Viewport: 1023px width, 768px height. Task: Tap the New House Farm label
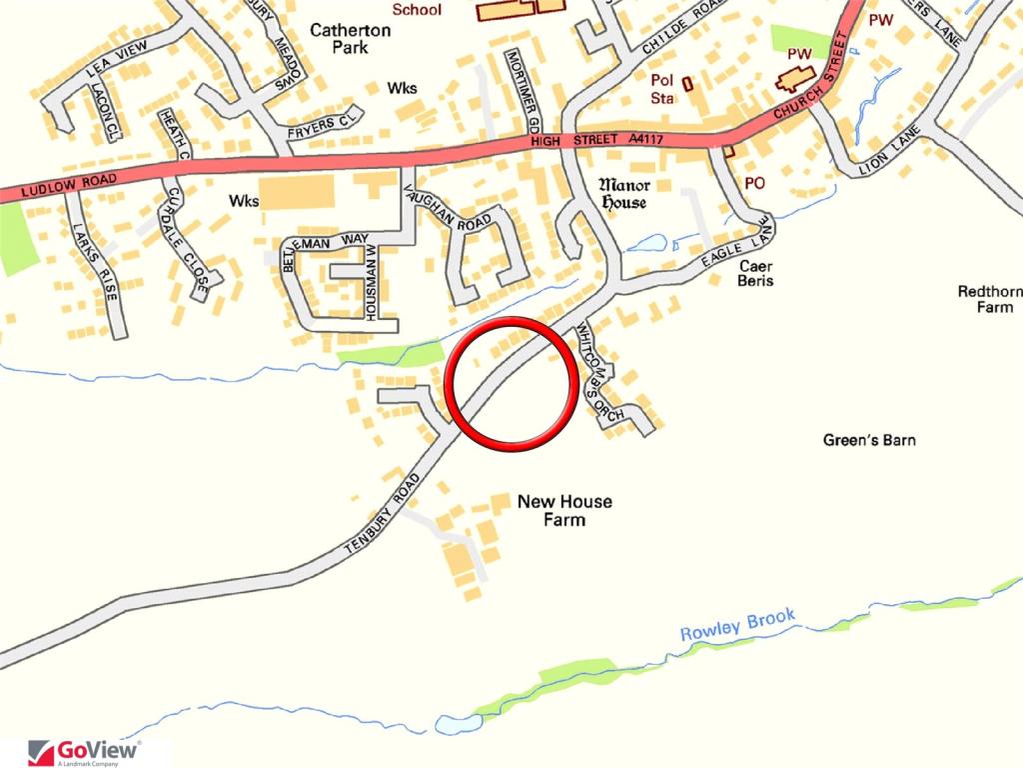pyautogui.click(x=564, y=510)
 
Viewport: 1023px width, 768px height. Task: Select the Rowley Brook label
pyautogui.click(x=737, y=624)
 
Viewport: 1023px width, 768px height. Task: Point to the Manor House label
pyautogui.click(x=623, y=193)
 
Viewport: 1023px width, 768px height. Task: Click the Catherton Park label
pyautogui.click(x=350, y=39)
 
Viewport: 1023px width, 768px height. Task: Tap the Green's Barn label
pyautogui.click(x=869, y=440)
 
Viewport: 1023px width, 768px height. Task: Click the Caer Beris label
pyautogui.click(x=756, y=274)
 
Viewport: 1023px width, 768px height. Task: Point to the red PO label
pyautogui.click(x=754, y=184)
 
